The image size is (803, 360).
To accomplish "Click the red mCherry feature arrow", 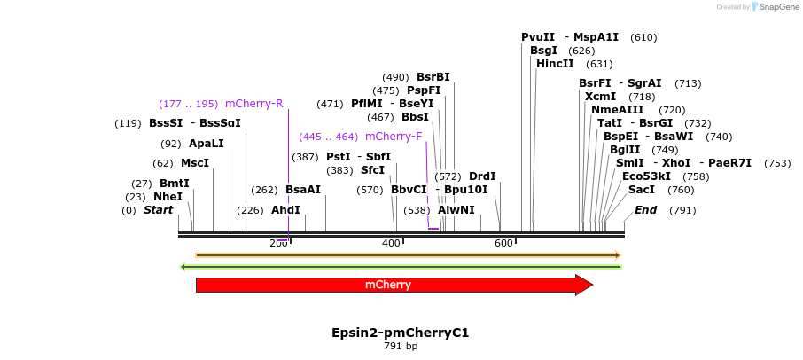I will click(390, 285).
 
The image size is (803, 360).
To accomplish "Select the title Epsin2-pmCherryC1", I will click(401, 333).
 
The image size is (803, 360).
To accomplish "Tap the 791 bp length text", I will click(401, 346).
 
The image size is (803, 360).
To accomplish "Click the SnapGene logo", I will click(776, 7).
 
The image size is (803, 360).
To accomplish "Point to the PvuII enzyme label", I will click(538, 37).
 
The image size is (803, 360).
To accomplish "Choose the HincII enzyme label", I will click(556, 64).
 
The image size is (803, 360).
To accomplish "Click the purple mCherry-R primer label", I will click(254, 104).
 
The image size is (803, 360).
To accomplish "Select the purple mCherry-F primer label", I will click(394, 137).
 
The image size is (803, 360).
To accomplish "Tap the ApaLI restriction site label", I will click(207, 144).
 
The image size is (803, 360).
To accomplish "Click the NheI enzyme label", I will click(168, 197).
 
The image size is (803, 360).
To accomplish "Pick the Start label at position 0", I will click(158, 210).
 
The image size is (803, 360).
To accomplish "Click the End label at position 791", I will click(646, 210).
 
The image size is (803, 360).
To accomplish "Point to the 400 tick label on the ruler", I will click(391, 243).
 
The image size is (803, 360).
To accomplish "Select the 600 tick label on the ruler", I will click(503, 243).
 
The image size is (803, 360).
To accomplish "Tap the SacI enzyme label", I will click(642, 190).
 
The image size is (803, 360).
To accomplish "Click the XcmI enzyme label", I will click(601, 97).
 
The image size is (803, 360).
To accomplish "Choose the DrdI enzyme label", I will click(482, 176).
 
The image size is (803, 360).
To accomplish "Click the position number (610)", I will click(643, 37).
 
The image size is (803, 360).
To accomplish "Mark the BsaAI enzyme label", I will click(303, 190).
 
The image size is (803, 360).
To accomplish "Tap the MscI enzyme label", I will click(195, 163).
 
